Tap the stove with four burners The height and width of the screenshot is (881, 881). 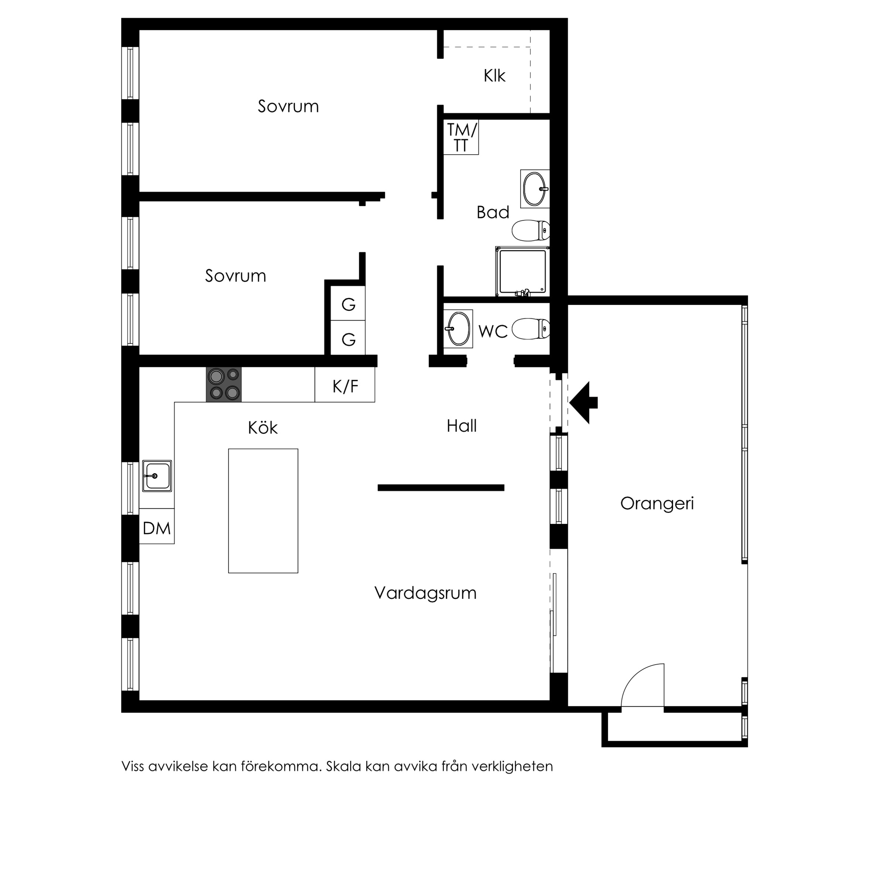click(224, 385)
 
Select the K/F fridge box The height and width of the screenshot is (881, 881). click(345, 385)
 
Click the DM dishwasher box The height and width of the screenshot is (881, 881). click(157, 526)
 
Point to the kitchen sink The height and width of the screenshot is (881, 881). click(157, 476)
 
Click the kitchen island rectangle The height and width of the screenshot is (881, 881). click(263, 511)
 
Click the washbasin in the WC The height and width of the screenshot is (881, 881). click(458, 329)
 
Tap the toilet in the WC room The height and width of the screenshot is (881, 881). click(531, 329)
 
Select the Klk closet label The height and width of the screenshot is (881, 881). click(495, 76)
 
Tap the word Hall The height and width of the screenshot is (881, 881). click(462, 426)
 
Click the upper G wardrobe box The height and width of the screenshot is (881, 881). click(348, 303)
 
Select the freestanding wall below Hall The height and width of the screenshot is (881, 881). click(441, 487)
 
